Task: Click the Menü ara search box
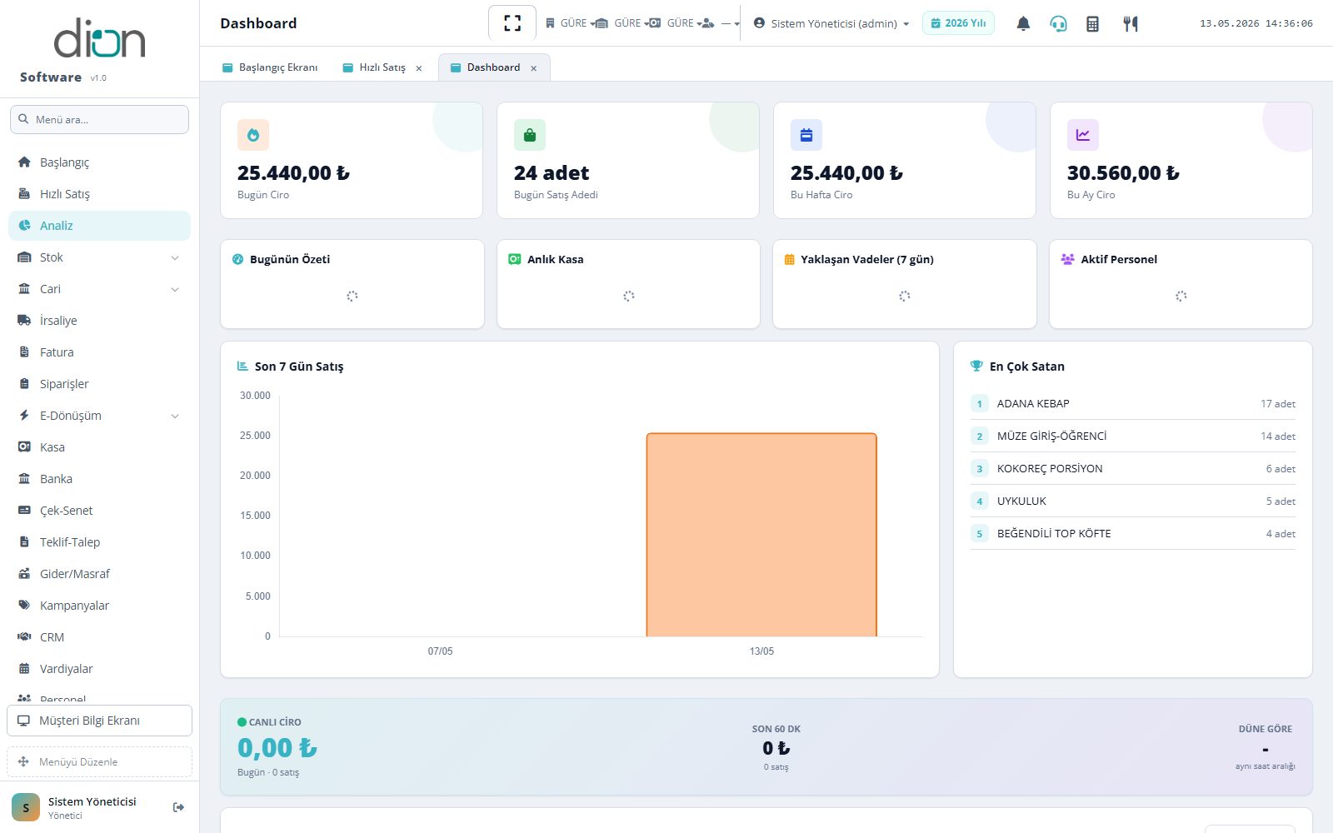click(x=99, y=120)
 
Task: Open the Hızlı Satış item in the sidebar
click(x=64, y=194)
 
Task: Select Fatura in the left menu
click(x=57, y=352)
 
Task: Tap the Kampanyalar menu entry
click(x=74, y=605)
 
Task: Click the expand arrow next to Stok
click(x=175, y=257)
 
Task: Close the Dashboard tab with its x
click(x=534, y=67)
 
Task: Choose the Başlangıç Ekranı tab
click(x=270, y=67)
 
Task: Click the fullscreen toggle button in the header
click(x=512, y=23)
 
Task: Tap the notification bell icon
click(x=1023, y=23)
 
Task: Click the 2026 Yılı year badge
click(x=958, y=23)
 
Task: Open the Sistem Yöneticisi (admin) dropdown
click(x=831, y=23)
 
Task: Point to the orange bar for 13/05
click(x=761, y=535)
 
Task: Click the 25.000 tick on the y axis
click(x=255, y=436)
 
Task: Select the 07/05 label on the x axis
click(x=441, y=651)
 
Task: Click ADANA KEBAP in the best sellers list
click(x=1033, y=403)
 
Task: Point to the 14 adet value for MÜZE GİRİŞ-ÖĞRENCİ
click(x=1278, y=436)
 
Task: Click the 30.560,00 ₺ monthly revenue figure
click(x=1123, y=172)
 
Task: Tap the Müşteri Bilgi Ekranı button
click(x=99, y=721)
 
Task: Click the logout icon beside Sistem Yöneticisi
click(x=178, y=807)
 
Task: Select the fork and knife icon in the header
click(x=1130, y=23)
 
